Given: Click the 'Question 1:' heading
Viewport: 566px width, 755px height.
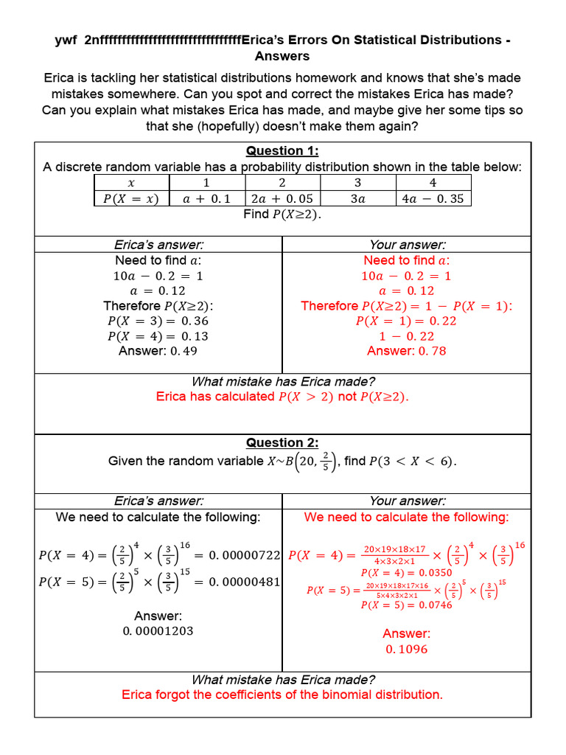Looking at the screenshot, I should pyautogui.click(x=282, y=151).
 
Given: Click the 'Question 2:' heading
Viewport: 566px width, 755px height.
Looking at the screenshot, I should pyautogui.click(x=282, y=443).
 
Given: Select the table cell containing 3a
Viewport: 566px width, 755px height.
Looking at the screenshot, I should pyautogui.click(x=358, y=198).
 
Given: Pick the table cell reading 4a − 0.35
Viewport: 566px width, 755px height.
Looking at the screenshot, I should pyautogui.click(x=433, y=198).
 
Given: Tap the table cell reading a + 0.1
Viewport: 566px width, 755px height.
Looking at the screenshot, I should pyautogui.click(x=206, y=198).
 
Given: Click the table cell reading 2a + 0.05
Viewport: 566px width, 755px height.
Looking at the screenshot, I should pyautogui.click(x=282, y=198).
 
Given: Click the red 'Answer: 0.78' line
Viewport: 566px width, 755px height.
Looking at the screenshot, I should pyautogui.click(x=406, y=351).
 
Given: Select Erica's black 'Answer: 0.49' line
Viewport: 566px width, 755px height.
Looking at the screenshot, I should pyautogui.click(x=158, y=351).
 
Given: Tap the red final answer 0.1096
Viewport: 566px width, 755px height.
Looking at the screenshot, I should pyautogui.click(x=406, y=650).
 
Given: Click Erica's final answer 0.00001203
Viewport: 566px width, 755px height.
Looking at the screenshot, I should pyautogui.click(x=158, y=631).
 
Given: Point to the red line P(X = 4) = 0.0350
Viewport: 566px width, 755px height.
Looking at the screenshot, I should pyautogui.click(x=406, y=573).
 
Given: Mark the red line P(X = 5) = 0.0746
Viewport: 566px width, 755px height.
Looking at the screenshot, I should pyautogui.click(x=406, y=605).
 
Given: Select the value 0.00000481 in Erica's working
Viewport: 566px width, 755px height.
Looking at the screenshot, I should pyautogui.click(x=244, y=582).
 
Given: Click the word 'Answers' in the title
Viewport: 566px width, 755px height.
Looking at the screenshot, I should pyautogui.click(x=282, y=56).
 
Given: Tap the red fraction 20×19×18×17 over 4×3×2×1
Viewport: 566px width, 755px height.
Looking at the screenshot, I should pyautogui.click(x=394, y=554).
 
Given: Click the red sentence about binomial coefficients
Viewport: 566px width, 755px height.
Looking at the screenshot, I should pyautogui.click(x=282, y=695).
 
